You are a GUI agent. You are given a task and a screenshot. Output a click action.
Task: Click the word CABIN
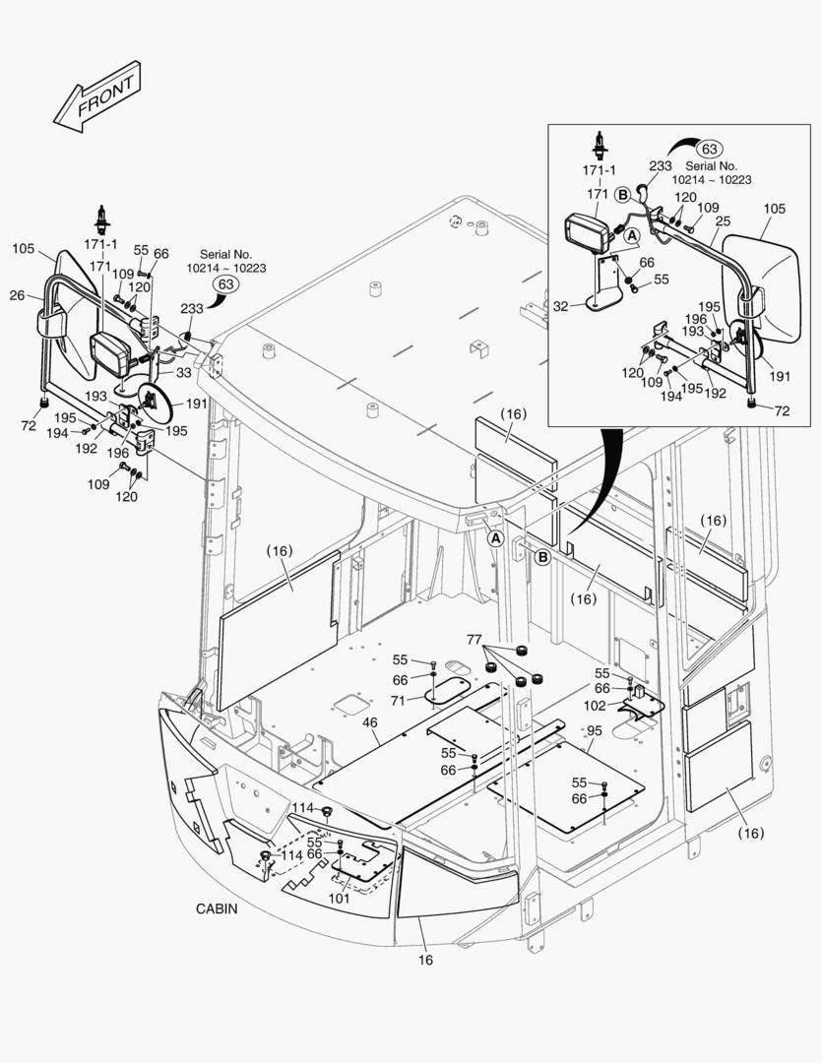coord(217,909)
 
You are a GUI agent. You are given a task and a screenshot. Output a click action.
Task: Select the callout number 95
coord(594,730)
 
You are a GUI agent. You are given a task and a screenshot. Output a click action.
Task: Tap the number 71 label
coord(398,701)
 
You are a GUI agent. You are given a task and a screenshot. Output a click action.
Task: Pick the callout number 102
coord(595,705)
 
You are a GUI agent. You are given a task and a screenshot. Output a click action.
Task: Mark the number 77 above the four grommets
coord(474,639)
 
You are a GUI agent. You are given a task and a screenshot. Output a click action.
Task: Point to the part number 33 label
coord(184,374)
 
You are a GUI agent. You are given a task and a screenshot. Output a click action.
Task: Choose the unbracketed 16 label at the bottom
coord(426,960)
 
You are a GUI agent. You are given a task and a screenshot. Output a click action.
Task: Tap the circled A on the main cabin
coord(495,538)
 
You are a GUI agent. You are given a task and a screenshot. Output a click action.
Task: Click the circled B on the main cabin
coord(541,558)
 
